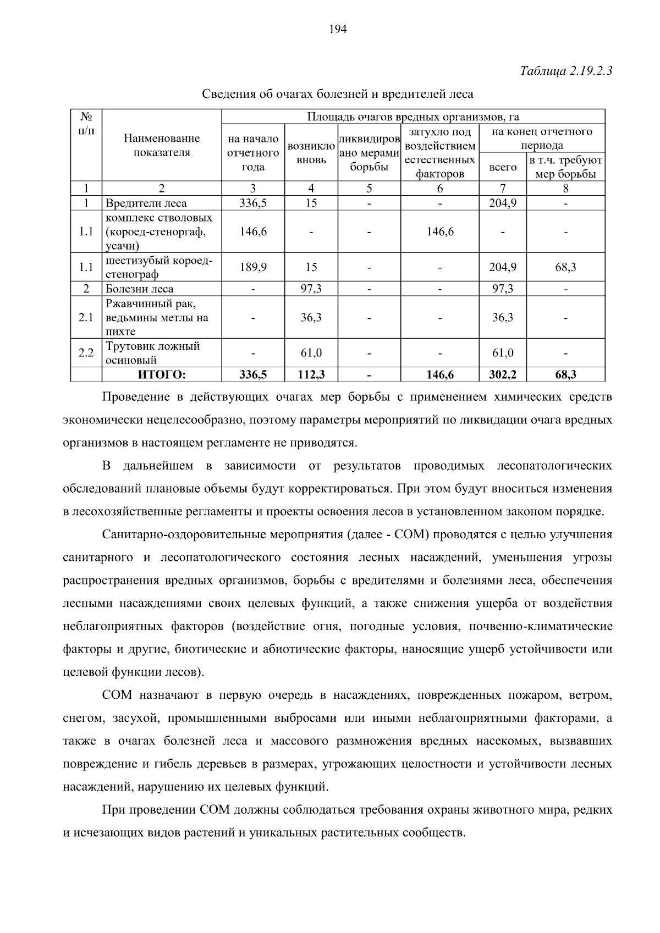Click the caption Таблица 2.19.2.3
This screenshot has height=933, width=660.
pos(566,71)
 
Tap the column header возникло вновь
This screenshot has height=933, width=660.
pos(311,153)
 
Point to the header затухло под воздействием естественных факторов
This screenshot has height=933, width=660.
pos(439,153)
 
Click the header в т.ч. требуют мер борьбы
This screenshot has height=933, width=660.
pos(565,167)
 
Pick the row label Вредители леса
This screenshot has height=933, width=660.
pos(146,203)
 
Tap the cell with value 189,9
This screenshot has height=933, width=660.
pos(253,267)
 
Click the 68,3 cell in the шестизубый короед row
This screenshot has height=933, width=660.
pos(565,267)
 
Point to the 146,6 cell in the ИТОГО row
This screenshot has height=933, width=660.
pos(440,375)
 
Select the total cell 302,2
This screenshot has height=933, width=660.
pos(503,375)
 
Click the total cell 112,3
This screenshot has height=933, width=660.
pos(311,375)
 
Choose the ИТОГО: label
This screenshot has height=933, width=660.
pos(162,375)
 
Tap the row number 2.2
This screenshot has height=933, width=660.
pos(86,353)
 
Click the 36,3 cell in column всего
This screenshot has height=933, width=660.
pos(503,318)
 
